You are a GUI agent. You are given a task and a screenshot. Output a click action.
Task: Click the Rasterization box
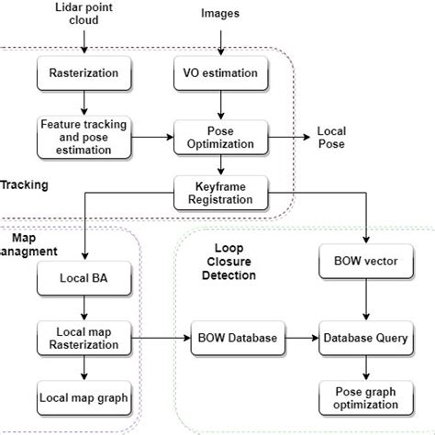point(84,72)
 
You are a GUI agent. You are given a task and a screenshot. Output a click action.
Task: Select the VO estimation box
point(219,72)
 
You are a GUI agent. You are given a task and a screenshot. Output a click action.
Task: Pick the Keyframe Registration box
point(219,191)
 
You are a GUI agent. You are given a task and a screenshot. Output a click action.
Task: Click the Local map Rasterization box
point(84,338)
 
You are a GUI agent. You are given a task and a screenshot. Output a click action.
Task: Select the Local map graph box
point(84,398)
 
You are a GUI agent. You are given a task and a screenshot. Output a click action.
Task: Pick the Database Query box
point(367,338)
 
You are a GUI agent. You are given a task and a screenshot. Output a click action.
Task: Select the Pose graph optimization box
point(367,398)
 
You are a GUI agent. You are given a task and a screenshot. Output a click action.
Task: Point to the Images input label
point(219,14)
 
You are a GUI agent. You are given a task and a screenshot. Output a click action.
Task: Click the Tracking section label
point(24,184)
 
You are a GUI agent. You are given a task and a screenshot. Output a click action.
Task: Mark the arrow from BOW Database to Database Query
point(301,338)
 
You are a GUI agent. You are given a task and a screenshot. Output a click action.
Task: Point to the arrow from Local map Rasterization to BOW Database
point(159,338)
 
